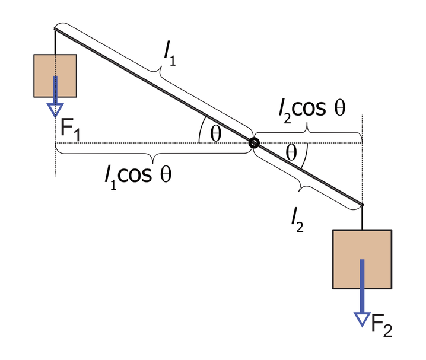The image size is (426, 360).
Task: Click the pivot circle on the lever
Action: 254,143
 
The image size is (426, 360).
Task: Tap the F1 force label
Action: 70,130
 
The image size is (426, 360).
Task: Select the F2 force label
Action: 382,325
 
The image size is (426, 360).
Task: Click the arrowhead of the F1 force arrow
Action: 55,110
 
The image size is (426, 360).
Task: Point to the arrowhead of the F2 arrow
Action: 362,319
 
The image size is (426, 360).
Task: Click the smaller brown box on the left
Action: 55,76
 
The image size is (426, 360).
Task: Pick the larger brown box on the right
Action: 362,259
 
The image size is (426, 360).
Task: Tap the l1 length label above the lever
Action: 170,55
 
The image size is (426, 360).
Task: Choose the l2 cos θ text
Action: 312,110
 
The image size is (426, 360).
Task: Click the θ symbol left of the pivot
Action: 216,134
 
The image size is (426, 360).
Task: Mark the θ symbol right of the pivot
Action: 291,152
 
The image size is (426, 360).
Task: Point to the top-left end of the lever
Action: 55,29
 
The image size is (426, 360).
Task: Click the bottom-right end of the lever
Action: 362,205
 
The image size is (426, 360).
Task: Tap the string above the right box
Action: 362,217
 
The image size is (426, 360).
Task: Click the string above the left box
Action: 55,42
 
